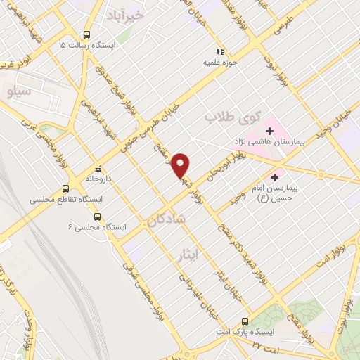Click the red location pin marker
pyautogui.click(x=181, y=165)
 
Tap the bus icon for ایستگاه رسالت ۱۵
pyautogui.click(x=86, y=34)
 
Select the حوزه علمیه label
pyautogui.click(x=219, y=61)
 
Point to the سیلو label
pyautogui.click(x=18, y=91)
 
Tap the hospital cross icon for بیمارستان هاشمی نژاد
pyautogui.click(x=269, y=131)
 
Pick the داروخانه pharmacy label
pyautogui.click(x=98, y=179)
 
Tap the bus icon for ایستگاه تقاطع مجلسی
pyautogui.click(x=65, y=188)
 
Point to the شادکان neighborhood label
pyautogui.click(x=167, y=220)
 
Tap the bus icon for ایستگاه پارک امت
pyautogui.click(x=245, y=318)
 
